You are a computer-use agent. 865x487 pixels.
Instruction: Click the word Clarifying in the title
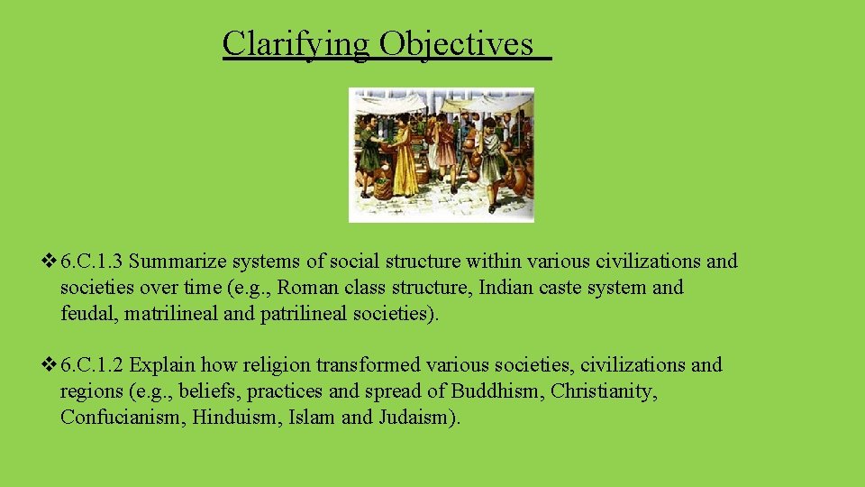296,43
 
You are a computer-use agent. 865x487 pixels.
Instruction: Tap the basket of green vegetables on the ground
383,188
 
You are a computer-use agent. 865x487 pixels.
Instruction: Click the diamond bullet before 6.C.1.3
49,262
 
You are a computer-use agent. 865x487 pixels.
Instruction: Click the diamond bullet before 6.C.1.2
49,366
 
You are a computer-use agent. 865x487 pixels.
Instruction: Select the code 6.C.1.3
94,262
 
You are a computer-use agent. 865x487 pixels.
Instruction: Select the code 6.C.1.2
94,366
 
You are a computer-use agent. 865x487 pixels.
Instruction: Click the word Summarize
184,262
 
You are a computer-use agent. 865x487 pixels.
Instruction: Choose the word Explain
163,366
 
